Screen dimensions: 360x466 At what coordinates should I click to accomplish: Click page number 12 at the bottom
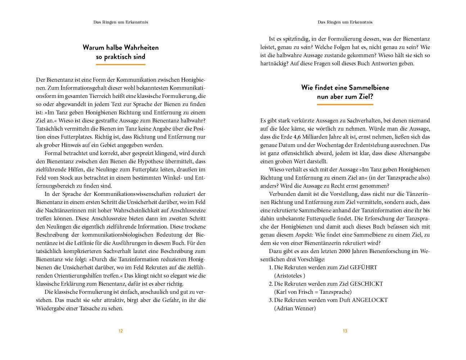pyautogui.click(x=121, y=331)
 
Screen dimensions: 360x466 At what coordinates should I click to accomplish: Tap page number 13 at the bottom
pyautogui.click(x=345, y=331)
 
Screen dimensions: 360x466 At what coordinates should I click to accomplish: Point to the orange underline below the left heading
pyautogui.click(x=121, y=65)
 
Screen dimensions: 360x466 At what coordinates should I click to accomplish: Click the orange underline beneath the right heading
pyautogui.click(x=345, y=105)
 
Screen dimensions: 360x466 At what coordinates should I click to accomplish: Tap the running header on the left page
pyautogui.click(x=121, y=22)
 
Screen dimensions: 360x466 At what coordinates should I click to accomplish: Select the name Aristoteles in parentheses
pyautogui.click(x=289, y=276)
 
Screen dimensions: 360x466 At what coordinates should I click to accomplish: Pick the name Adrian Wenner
pyautogui.click(x=295, y=309)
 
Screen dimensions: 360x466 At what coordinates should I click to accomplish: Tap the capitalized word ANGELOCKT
pyautogui.click(x=370, y=300)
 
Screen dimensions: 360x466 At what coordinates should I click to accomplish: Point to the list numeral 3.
pyautogui.click(x=271, y=300)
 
